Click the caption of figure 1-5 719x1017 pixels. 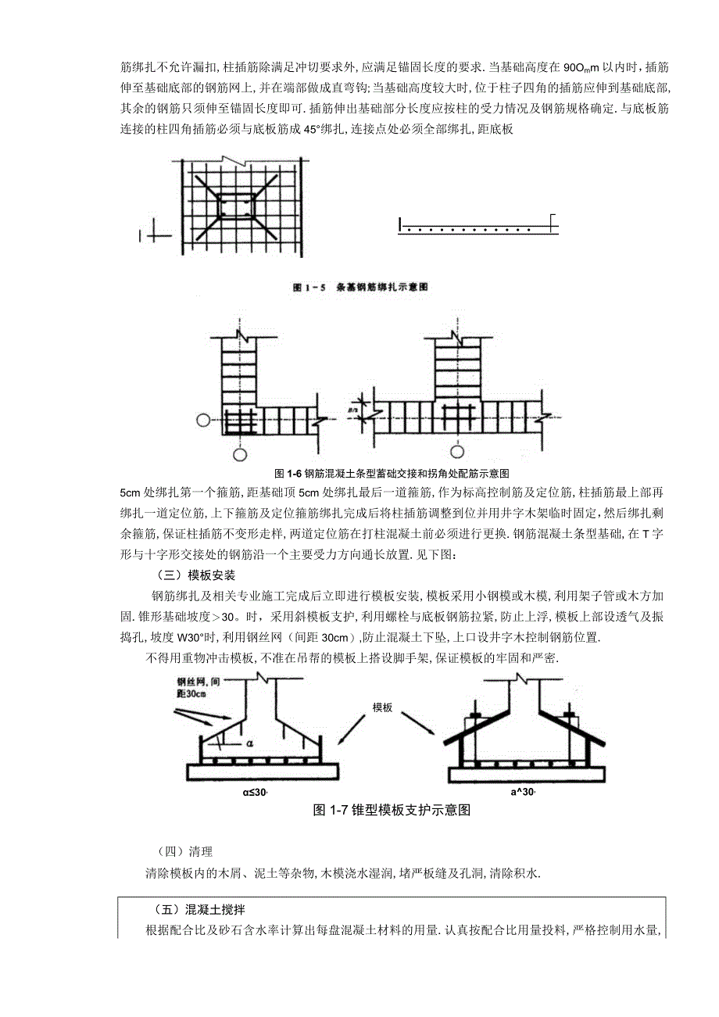[361, 288]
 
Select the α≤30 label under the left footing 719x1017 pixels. [255, 793]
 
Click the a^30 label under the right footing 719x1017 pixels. [523, 793]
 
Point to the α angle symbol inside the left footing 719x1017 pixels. [249, 743]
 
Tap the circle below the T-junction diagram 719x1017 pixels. [456, 451]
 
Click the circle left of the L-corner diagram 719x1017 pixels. [203, 421]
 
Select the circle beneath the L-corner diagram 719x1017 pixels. [241, 454]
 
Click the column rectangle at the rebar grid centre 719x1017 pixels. [236, 205]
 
